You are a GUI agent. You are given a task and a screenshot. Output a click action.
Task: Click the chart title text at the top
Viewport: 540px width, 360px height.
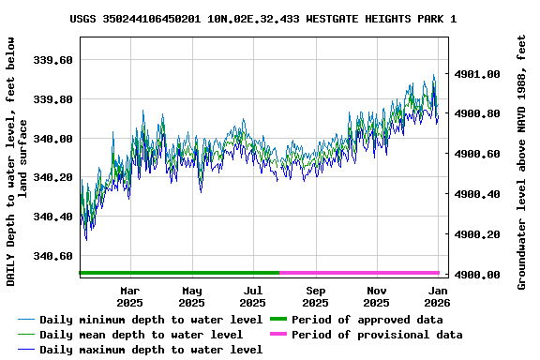[263, 19]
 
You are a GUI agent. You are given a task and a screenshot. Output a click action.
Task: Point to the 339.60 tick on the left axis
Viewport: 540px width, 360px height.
[52, 60]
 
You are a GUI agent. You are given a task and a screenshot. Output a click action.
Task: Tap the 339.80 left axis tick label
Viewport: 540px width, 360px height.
[52, 99]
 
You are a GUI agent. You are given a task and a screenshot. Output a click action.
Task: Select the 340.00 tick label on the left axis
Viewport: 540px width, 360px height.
[52, 139]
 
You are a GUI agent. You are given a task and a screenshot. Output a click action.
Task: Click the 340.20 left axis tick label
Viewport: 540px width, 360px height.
[52, 177]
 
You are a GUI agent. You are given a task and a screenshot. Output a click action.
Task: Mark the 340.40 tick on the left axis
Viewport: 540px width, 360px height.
[52, 217]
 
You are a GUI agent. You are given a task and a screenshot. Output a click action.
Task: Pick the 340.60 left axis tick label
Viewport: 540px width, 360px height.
[52, 256]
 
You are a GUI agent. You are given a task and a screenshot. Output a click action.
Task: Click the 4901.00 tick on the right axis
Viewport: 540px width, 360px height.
[477, 74]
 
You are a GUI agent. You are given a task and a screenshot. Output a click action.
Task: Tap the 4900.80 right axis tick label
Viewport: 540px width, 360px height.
[477, 113]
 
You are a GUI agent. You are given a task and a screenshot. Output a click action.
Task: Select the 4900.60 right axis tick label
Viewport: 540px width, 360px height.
[477, 154]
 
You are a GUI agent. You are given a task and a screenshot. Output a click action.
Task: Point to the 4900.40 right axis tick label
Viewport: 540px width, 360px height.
[477, 194]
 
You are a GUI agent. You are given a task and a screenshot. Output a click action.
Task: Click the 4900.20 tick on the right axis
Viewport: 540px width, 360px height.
[477, 234]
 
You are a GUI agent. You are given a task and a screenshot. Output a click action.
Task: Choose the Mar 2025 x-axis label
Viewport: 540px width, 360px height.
[130, 297]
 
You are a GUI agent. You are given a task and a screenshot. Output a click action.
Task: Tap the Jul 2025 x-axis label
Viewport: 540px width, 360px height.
[253, 297]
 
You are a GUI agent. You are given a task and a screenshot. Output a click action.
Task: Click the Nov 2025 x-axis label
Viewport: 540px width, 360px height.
[376, 297]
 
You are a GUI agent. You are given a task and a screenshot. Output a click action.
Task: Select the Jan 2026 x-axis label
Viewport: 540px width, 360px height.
[437, 297]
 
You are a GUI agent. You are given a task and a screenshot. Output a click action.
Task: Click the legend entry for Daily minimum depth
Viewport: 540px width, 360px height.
[141, 320]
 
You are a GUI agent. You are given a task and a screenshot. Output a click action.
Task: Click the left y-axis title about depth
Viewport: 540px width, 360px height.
[17, 161]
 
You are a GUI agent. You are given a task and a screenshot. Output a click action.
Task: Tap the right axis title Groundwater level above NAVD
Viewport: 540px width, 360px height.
[522, 161]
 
